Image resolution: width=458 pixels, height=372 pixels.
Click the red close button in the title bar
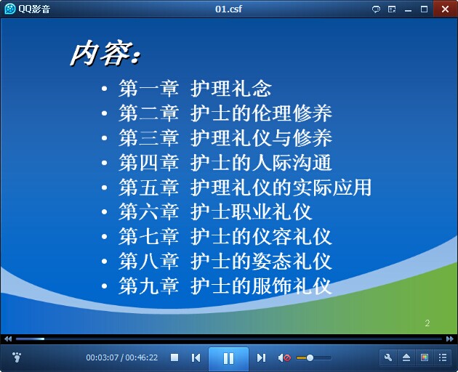point(446,9)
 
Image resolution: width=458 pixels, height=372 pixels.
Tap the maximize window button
point(424,9)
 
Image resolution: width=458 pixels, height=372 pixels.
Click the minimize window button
point(408,10)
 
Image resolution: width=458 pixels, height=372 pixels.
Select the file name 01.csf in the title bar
point(228,9)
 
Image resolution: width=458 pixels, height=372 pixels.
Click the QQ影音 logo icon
point(10,9)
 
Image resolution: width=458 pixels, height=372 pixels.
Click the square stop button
point(174,357)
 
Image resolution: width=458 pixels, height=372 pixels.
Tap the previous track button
point(196,357)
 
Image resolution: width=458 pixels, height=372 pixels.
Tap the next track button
point(261,357)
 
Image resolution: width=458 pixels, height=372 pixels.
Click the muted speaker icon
point(284,357)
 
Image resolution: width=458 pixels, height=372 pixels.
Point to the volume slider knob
point(310,357)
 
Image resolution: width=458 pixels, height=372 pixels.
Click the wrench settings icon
point(388,357)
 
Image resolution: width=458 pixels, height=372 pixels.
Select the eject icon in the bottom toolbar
point(406,357)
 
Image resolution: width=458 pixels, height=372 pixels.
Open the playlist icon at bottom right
point(443,357)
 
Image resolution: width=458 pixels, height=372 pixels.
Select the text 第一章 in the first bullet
point(149,88)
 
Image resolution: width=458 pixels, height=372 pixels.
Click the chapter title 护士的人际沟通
point(261,162)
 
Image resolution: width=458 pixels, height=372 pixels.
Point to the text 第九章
point(149,286)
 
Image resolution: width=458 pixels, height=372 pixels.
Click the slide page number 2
point(427,323)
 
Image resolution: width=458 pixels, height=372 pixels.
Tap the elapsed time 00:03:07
point(103,357)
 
